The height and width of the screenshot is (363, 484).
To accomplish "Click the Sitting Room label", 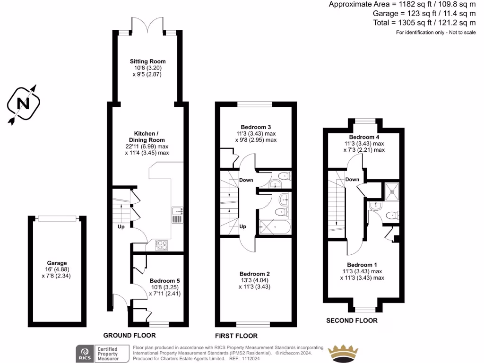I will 148,61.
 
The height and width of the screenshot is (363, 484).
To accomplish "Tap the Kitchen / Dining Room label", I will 147,137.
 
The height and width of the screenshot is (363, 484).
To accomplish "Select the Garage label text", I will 57,263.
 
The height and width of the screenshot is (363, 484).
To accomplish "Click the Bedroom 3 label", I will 256,127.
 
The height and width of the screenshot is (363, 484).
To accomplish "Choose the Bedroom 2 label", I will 255,274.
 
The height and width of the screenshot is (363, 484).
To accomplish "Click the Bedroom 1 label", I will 362,265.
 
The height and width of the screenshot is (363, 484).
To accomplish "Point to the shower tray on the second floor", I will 391,190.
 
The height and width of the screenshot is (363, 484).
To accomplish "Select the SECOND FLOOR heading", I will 352,320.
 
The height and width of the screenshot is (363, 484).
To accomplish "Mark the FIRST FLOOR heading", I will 236,336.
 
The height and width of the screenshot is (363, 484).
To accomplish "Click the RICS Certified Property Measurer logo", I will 103,353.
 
